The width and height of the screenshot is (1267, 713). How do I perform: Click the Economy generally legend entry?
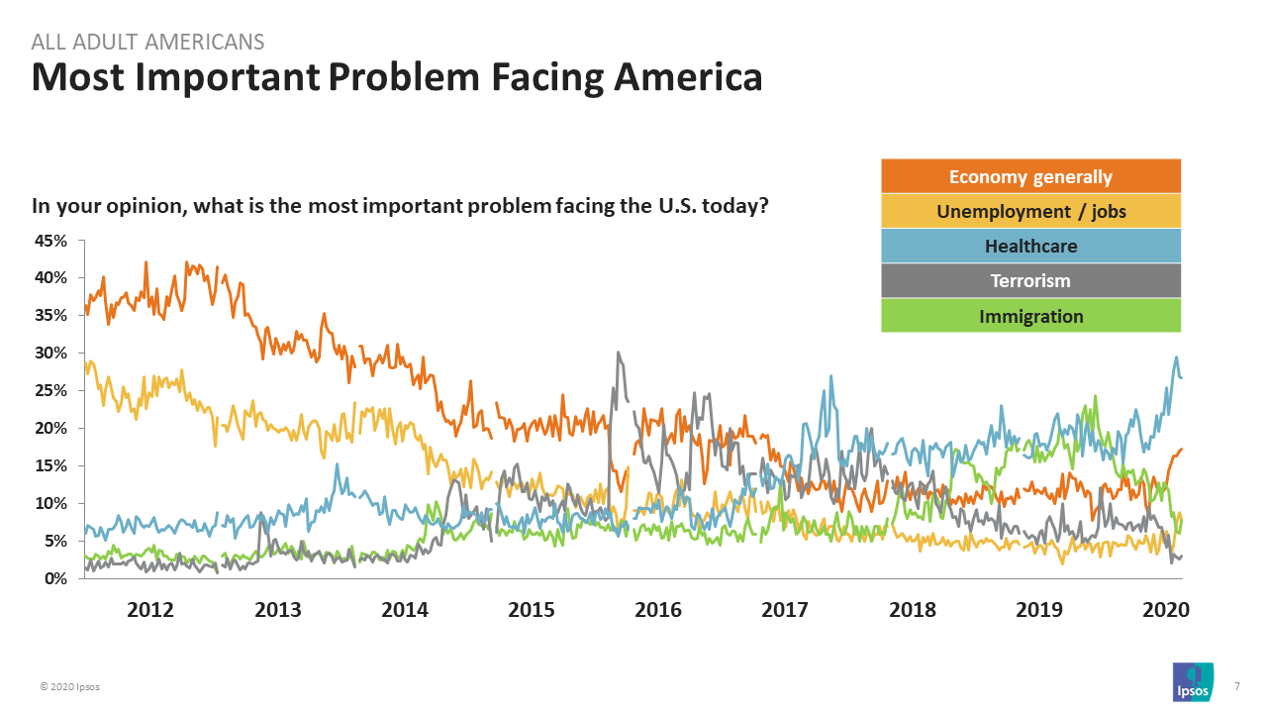click(1030, 177)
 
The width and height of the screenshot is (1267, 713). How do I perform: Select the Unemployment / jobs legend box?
click(1030, 211)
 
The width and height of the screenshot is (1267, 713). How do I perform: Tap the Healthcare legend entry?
click(1030, 246)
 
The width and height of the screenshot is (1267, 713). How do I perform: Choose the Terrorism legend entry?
click(1030, 280)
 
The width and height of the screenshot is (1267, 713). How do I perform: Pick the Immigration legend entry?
click(1030, 316)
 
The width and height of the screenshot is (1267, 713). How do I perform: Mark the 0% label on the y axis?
click(55, 578)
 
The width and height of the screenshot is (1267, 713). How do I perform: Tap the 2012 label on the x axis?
click(151, 610)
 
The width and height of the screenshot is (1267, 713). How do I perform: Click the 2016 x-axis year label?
click(658, 610)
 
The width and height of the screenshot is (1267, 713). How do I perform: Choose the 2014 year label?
click(405, 610)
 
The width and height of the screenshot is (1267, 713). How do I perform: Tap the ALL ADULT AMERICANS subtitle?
click(147, 42)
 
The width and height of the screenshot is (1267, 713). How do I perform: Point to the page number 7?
click(1237, 687)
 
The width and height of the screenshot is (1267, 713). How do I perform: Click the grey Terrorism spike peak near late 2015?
click(619, 353)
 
